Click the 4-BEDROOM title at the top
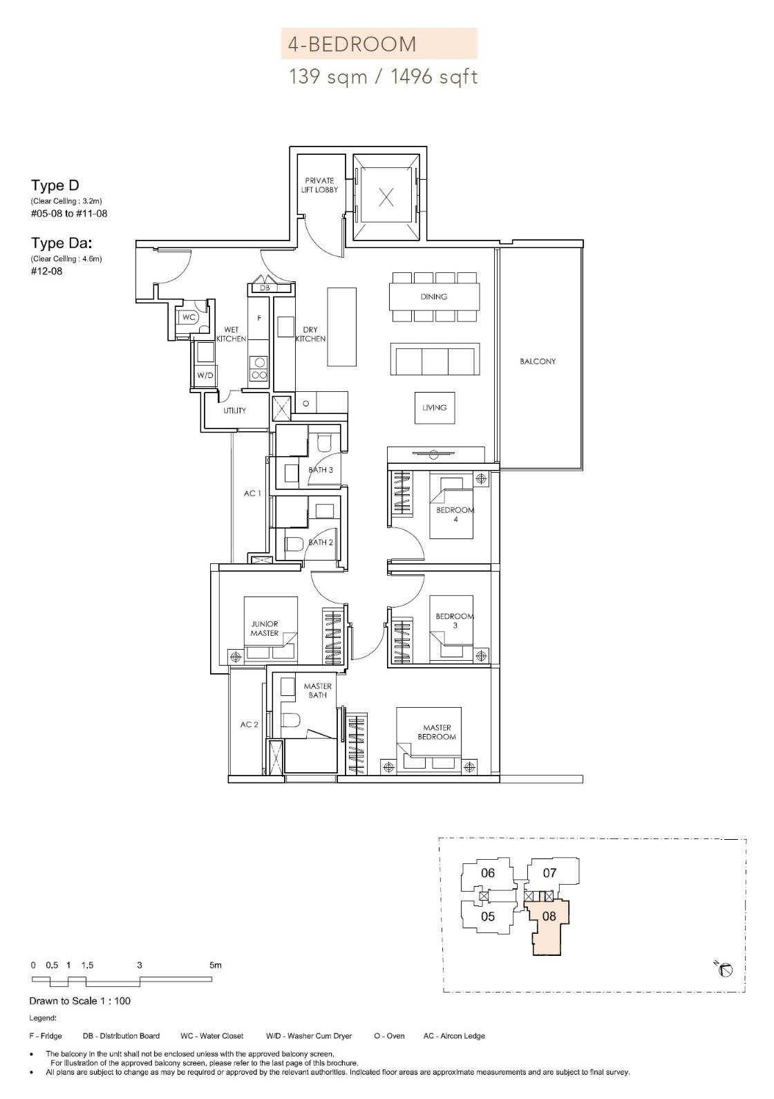click(x=352, y=44)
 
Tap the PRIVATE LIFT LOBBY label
click(x=319, y=185)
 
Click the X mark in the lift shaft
click(x=386, y=198)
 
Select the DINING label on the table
click(x=433, y=297)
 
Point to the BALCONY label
click(x=538, y=361)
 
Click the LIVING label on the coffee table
click(x=434, y=408)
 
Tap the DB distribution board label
click(x=265, y=288)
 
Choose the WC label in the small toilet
click(x=189, y=317)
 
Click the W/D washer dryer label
click(x=205, y=376)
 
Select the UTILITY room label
click(x=234, y=411)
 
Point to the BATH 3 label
click(x=321, y=470)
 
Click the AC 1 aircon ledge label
click(x=252, y=494)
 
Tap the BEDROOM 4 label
click(x=455, y=515)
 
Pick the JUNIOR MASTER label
click(x=265, y=628)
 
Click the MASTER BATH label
click(x=318, y=691)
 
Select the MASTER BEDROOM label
click(x=437, y=732)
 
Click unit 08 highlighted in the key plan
click(x=549, y=916)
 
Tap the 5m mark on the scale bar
click(x=216, y=965)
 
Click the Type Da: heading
click(x=62, y=243)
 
